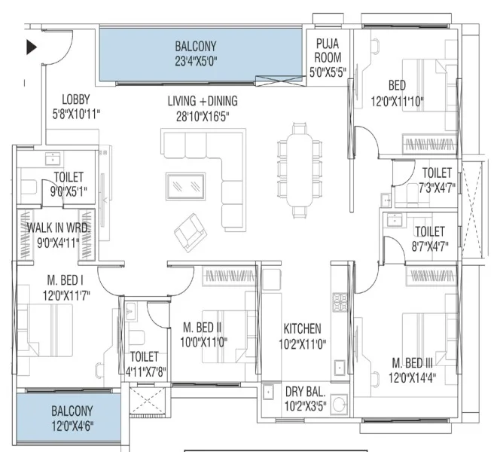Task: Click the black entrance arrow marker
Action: tap(31, 47)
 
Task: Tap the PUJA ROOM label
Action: tap(328, 50)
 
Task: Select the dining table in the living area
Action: tap(300, 170)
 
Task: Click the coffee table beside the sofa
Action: tap(186, 186)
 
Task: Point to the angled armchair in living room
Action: tap(191, 233)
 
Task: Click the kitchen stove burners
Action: tap(340, 302)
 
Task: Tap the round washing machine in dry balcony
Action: tap(339, 404)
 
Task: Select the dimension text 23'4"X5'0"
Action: tap(197, 61)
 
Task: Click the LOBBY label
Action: tap(76, 99)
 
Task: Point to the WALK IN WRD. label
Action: tap(59, 228)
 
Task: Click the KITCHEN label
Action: tap(302, 328)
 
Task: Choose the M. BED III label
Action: tap(413, 362)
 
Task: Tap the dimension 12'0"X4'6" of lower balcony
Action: tap(72, 426)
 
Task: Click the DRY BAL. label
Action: tap(306, 392)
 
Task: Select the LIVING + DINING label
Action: tap(203, 101)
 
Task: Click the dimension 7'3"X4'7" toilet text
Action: tap(437, 188)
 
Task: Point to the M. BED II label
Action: tap(203, 327)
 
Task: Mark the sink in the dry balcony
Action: tap(269, 392)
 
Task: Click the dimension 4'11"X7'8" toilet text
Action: tap(146, 371)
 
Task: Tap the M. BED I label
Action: tap(66, 280)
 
